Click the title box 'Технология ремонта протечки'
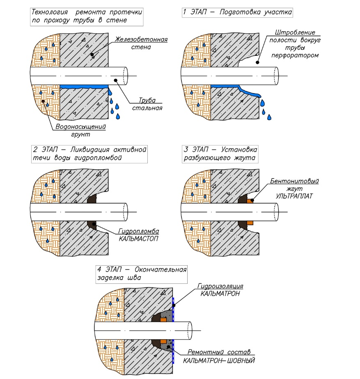coord(87,15)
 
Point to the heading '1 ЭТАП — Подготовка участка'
coord(237,12)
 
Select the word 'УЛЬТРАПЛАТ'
coord(294,196)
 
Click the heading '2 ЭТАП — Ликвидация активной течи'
coord(89,153)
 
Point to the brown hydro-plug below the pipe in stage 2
coord(92,225)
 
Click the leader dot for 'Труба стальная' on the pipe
coord(116,80)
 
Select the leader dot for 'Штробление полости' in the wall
coord(257,63)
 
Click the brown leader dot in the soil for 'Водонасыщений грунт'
coord(43,101)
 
